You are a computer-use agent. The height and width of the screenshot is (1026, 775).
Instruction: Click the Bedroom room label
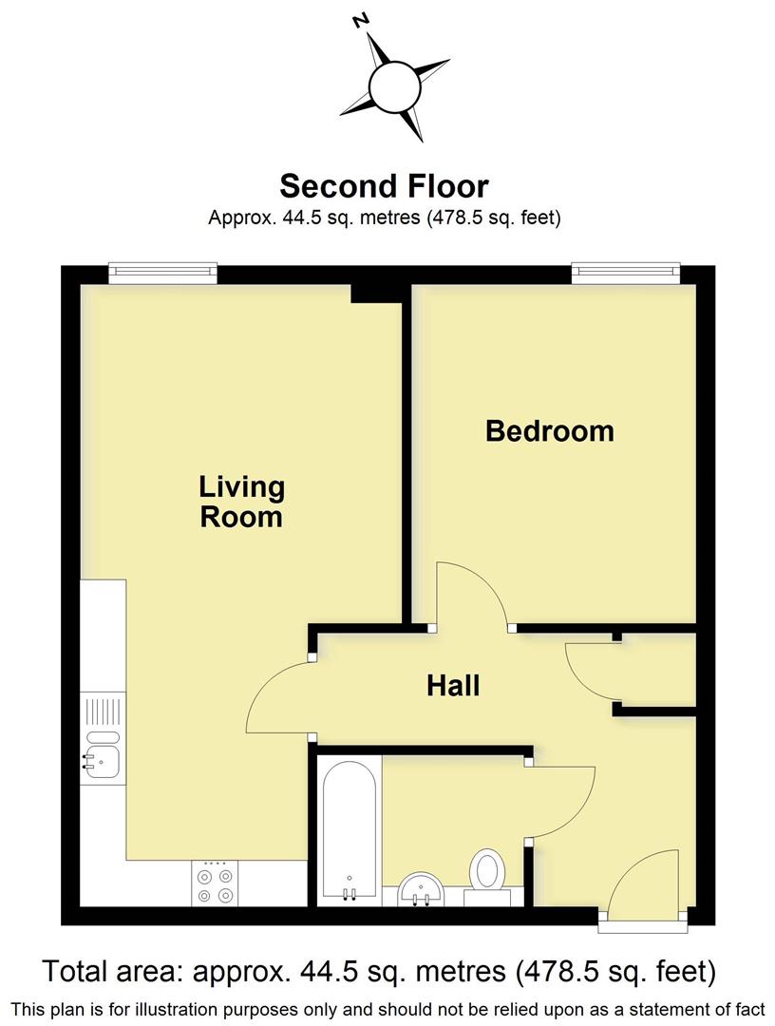tap(549, 431)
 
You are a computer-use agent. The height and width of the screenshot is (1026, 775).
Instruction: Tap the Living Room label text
tap(241, 502)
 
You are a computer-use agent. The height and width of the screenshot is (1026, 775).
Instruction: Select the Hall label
tap(453, 685)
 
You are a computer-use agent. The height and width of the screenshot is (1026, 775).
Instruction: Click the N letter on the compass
tap(360, 21)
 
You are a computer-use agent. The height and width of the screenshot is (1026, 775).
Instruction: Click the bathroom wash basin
tap(420, 889)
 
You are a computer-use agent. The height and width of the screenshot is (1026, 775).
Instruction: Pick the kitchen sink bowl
tap(100, 759)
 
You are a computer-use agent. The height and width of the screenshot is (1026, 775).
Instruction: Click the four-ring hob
tap(215, 884)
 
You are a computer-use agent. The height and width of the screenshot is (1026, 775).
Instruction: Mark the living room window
tap(162, 274)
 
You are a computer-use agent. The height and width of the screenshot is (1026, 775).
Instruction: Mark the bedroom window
tap(626, 274)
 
